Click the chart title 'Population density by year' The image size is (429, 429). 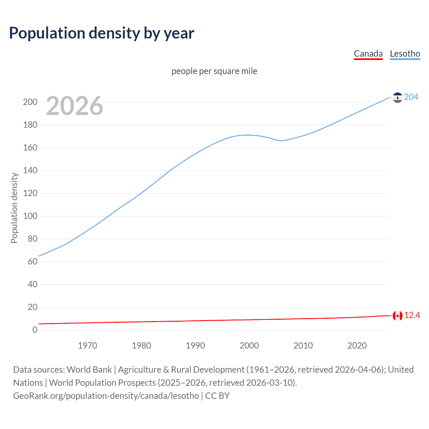102,33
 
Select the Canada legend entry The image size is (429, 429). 368,54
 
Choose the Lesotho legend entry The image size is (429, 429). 405,54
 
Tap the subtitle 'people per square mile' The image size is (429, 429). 214,71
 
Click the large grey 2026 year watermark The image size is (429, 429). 74,106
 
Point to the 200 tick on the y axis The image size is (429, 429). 30,102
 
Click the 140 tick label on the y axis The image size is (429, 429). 30,171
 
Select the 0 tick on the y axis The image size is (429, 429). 35,330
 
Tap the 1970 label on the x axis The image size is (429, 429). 87,346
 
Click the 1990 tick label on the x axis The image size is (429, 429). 195,346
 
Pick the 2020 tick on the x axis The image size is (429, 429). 357,346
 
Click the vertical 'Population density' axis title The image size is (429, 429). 14,208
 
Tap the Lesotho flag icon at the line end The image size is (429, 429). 397,98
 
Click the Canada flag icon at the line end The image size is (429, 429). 397,316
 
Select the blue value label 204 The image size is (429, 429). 411,97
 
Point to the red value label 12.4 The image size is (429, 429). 412,315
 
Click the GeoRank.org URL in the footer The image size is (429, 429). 106,396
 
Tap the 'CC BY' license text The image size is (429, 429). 217,396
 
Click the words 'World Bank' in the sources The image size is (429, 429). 89,370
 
